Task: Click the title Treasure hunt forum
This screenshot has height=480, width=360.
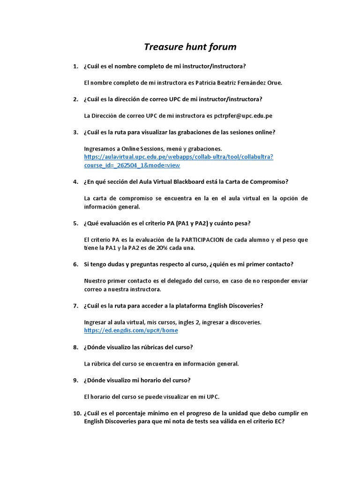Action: click(190, 47)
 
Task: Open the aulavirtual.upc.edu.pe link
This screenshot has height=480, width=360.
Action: click(178, 157)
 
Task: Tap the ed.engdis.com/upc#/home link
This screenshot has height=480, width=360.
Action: click(131, 330)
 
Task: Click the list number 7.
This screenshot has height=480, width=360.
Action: click(75, 306)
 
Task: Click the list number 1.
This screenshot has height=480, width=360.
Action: click(75, 66)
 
